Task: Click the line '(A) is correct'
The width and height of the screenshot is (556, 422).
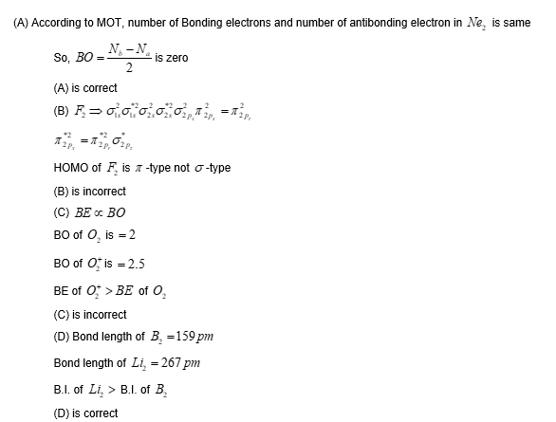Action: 85,88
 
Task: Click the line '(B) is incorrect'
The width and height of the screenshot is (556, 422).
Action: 90,191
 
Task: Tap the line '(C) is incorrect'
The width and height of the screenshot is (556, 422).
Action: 90,314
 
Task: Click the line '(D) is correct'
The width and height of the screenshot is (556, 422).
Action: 86,413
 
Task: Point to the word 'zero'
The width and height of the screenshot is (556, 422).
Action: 176,58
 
